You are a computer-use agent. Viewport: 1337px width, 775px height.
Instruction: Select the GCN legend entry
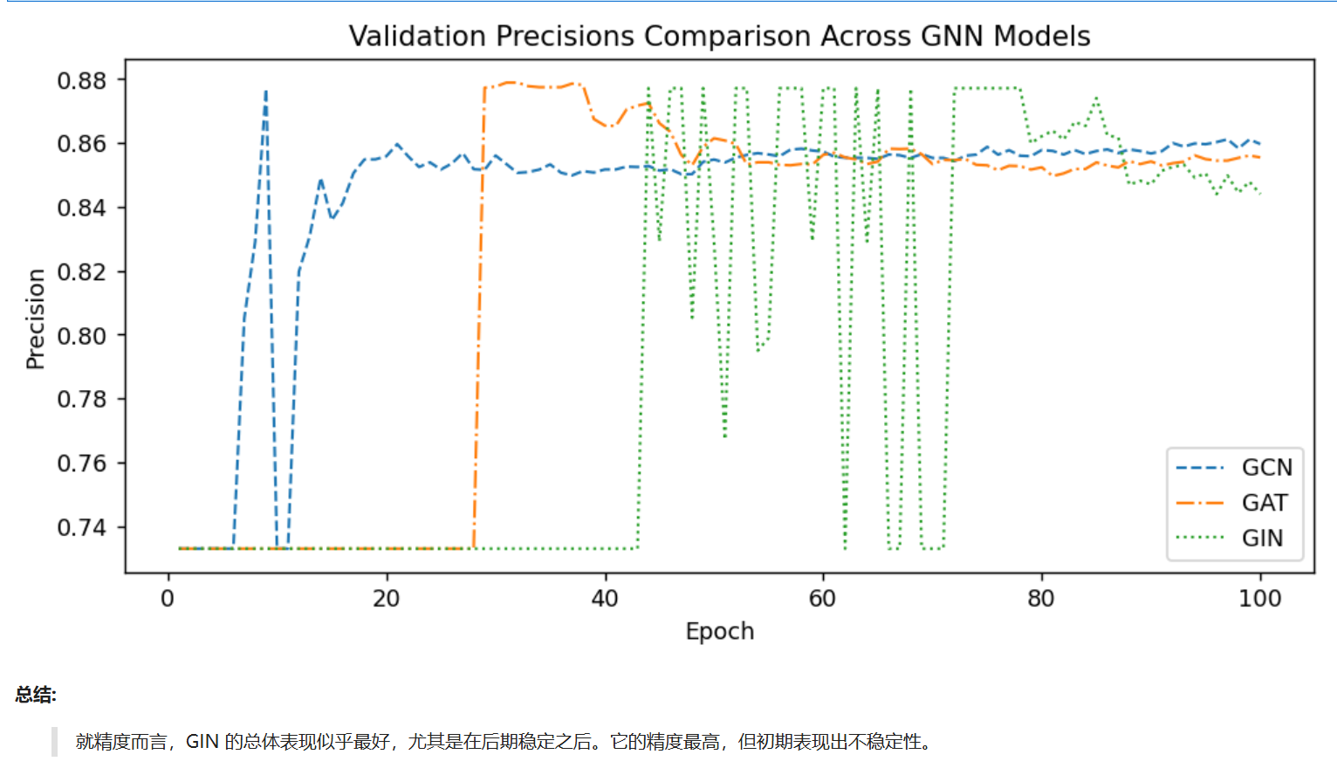(1265, 468)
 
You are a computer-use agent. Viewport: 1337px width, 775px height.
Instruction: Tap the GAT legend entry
(1264, 504)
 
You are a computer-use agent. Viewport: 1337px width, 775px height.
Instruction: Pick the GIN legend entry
(1262, 538)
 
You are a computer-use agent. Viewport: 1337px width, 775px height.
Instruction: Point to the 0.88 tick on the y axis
(81, 80)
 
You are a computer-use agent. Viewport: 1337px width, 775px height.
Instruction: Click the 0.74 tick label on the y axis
(81, 527)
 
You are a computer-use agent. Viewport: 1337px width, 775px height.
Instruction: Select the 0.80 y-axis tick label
(81, 336)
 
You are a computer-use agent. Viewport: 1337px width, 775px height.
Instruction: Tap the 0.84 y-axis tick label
(81, 208)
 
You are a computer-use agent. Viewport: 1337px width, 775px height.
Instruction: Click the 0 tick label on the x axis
(168, 599)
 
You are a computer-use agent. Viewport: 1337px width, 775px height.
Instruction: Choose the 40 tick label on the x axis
(605, 599)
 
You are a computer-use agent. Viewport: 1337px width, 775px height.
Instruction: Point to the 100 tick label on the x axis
(1259, 599)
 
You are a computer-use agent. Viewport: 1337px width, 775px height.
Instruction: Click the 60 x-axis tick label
(822, 599)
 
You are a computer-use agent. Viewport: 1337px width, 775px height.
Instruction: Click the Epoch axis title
(719, 631)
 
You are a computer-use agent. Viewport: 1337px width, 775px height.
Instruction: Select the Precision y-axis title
(35, 319)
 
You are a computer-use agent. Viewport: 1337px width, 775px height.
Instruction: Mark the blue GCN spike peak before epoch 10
(266, 91)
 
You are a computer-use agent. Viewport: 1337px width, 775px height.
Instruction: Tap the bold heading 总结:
(36, 695)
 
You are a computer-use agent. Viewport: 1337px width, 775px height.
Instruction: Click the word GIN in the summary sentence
(202, 742)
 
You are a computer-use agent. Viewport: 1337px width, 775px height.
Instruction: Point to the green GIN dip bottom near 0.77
(724, 435)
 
